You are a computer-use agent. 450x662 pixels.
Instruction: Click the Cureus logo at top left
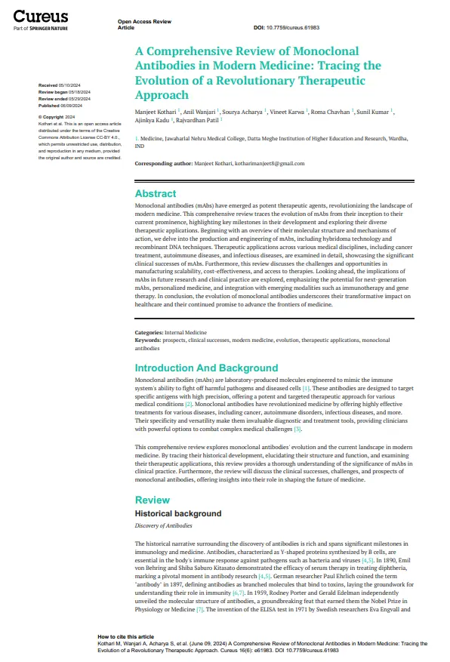tap(41, 17)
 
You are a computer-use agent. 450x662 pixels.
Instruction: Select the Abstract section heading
tap(155, 193)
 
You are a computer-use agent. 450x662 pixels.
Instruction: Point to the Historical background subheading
tap(177, 513)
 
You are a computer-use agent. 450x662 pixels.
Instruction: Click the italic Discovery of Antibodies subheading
tap(163, 525)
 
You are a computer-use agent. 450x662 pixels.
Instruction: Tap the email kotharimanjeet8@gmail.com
tap(268, 164)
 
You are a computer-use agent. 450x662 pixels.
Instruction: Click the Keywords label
tap(148, 338)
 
